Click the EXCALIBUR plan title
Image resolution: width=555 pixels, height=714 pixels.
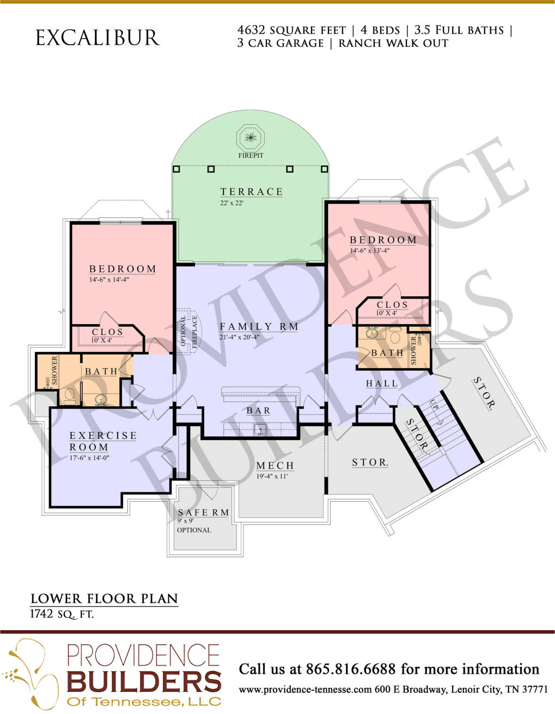click(97, 38)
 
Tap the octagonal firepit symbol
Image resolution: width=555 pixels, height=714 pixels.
click(251, 137)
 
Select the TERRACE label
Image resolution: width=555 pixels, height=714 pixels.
click(252, 192)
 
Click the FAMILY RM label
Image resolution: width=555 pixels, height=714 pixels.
click(259, 327)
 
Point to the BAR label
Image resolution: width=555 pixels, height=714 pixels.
click(258, 411)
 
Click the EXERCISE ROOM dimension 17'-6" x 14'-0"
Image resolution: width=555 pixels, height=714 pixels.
click(89, 457)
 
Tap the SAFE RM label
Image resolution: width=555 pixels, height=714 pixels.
click(203, 512)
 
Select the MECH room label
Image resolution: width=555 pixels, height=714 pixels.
click(275, 466)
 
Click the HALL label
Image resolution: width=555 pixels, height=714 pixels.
click(382, 383)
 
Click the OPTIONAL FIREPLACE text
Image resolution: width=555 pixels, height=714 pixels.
click(190, 331)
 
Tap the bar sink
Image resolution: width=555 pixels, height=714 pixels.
click(260, 430)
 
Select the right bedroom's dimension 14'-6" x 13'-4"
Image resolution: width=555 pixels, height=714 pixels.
click(370, 251)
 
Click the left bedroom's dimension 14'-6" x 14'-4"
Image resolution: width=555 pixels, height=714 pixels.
click(109, 279)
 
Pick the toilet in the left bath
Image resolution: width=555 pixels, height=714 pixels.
click(69, 396)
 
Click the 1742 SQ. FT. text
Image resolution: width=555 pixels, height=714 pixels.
click(62, 614)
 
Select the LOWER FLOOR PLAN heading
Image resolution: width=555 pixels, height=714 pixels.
click(104, 599)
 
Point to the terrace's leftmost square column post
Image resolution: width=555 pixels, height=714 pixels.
click(176, 169)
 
